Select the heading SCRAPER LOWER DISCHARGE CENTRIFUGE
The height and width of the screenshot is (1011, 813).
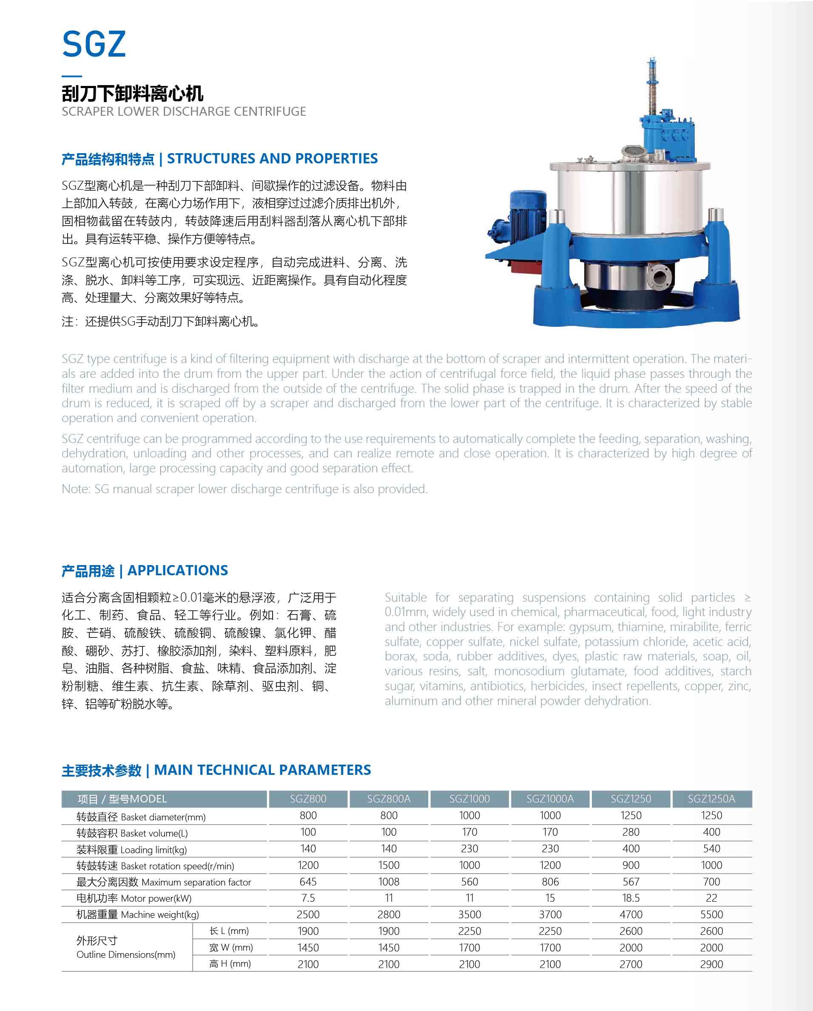coord(184,111)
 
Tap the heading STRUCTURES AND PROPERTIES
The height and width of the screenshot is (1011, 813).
coord(272,158)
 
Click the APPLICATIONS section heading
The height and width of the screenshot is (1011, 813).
coord(177,570)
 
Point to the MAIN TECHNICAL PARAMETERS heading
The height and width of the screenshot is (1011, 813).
coord(262,770)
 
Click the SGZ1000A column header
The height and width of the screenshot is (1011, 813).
coord(550,799)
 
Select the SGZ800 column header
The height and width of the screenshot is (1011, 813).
coord(308,799)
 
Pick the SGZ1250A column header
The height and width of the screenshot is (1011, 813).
coord(711,799)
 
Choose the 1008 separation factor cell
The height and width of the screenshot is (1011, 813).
coord(389,882)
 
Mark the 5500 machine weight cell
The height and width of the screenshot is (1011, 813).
coord(711,914)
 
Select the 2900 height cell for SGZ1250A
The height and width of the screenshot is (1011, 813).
coord(711,964)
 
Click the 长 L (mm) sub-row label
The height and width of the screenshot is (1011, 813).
coord(229,931)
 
